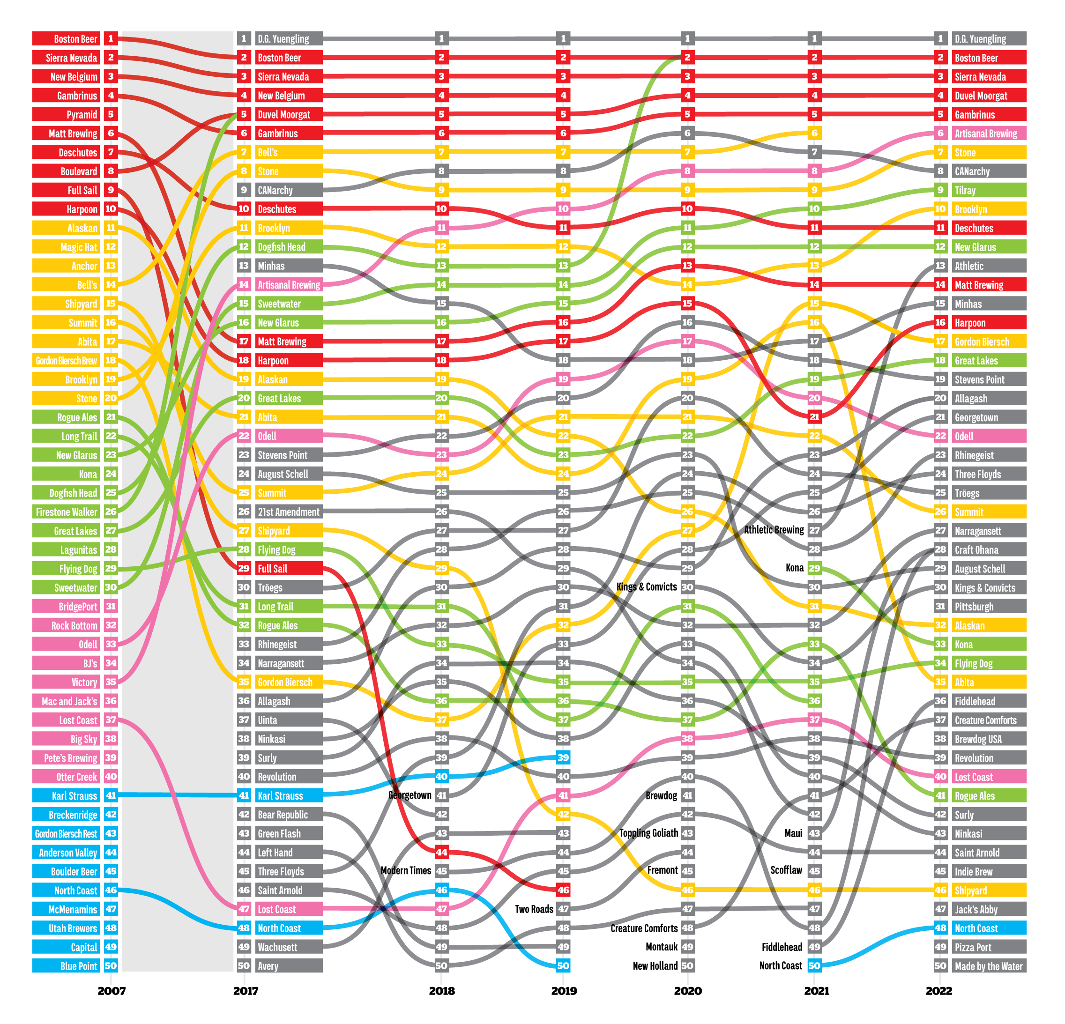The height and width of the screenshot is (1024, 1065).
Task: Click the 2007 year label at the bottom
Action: (x=112, y=990)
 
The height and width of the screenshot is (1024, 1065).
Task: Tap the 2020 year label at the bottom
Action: (x=687, y=990)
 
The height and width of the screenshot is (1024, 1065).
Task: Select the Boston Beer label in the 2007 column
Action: (x=66, y=38)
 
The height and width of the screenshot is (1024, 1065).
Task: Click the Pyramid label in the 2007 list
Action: (x=66, y=114)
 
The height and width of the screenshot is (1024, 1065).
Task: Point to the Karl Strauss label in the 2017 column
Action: (x=289, y=795)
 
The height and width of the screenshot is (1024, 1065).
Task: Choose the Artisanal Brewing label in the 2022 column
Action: (x=989, y=133)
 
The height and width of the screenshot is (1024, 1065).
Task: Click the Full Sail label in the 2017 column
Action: (x=289, y=568)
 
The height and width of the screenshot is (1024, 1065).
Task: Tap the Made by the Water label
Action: (x=989, y=966)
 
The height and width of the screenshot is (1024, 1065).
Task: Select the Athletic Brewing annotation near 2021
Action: (x=774, y=530)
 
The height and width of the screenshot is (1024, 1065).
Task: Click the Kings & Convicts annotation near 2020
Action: (x=647, y=586)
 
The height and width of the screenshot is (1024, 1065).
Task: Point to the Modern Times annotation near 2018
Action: (x=406, y=870)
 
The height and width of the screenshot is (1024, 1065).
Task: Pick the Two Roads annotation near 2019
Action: (x=534, y=909)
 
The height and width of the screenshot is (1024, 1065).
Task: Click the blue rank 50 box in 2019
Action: (x=564, y=965)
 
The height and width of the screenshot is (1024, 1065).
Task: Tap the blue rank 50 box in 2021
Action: (x=814, y=965)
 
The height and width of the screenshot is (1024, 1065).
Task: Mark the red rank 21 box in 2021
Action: (x=814, y=416)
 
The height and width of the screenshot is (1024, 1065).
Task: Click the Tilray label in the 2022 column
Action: (x=989, y=190)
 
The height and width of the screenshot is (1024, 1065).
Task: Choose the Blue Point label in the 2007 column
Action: (x=66, y=966)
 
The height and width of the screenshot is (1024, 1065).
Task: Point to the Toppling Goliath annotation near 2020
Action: (x=649, y=833)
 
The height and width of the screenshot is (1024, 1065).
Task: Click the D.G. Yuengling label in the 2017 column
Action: (x=289, y=38)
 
